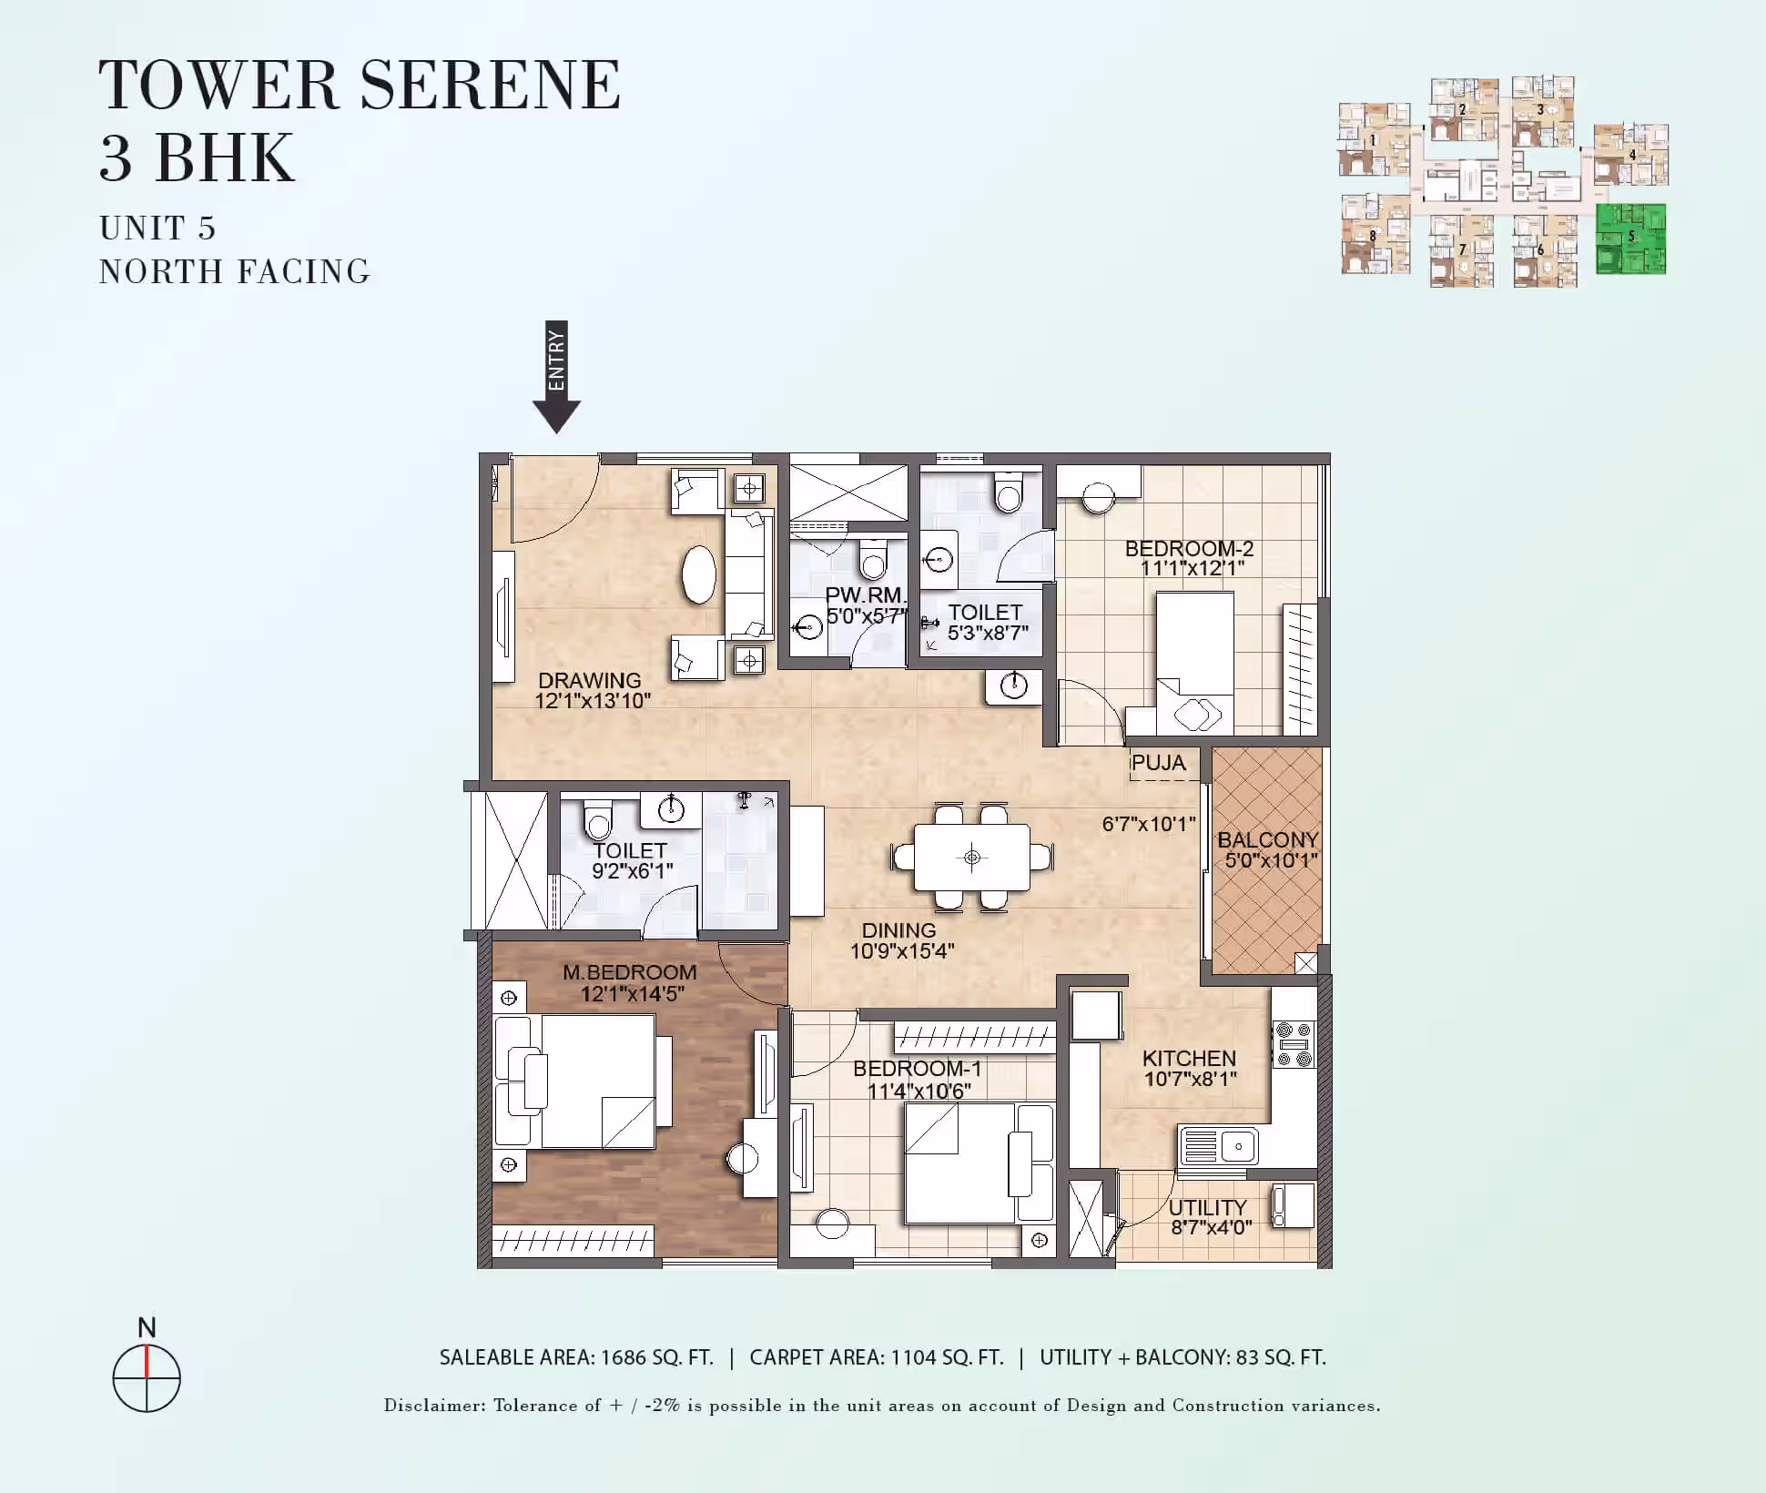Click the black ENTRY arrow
click(556, 377)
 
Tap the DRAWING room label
click(589, 680)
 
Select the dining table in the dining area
click(972, 858)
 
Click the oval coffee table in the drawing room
click(699, 574)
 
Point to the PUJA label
click(1159, 763)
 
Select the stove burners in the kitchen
click(1294, 1044)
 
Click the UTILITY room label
click(1208, 1207)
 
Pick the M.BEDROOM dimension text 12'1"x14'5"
click(633, 993)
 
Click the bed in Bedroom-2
click(1194, 663)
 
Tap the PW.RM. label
click(865, 595)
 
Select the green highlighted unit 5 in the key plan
click(1630, 239)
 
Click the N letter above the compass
click(147, 1327)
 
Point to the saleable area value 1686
click(624, 1357)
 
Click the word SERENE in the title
click(491, 85)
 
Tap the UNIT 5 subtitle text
click(157, 228)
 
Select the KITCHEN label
click(1189, 1058)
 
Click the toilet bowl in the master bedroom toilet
click(598, 821)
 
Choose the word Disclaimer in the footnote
click(433, 1405)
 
